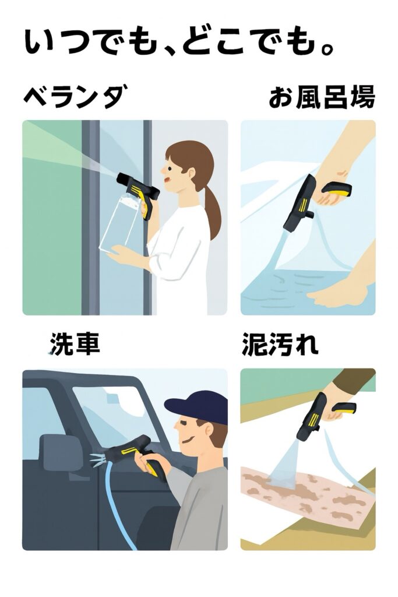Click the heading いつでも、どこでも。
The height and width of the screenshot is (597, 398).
[179, 41]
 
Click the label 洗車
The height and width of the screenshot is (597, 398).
[75, 343]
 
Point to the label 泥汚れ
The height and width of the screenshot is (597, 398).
[280, 344]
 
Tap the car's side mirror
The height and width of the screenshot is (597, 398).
[61, 452]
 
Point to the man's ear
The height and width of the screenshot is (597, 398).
[207, 430]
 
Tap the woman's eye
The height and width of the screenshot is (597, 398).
[170, 168]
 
